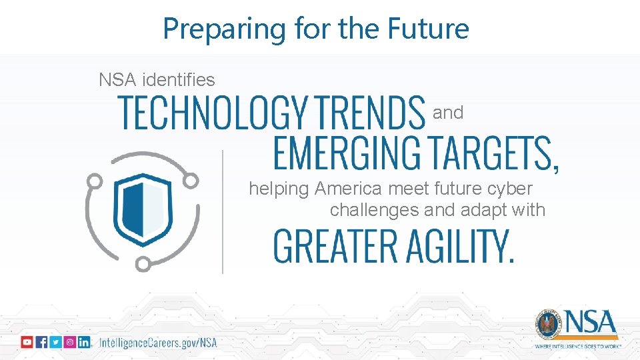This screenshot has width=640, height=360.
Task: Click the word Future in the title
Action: click(x=431, y=29)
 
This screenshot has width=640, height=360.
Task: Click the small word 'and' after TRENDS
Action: click(x=448, y=113)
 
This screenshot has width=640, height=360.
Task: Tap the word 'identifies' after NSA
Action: click(x=180, y=80)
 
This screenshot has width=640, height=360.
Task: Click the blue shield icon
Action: click(x=142, y=209)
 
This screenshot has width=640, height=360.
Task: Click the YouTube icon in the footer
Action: click(x=27, y=342)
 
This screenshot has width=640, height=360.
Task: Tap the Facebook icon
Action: click(x=41, y=342)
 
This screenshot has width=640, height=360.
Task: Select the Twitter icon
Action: click(x=55, y=342)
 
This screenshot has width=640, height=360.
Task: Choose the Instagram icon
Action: click(x=69, y=342)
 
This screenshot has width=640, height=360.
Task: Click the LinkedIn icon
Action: click(x=84, y=342)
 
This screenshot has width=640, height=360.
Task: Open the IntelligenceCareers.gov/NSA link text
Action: click(x=158, y=343)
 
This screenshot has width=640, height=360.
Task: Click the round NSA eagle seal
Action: click(x=547, y=325)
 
